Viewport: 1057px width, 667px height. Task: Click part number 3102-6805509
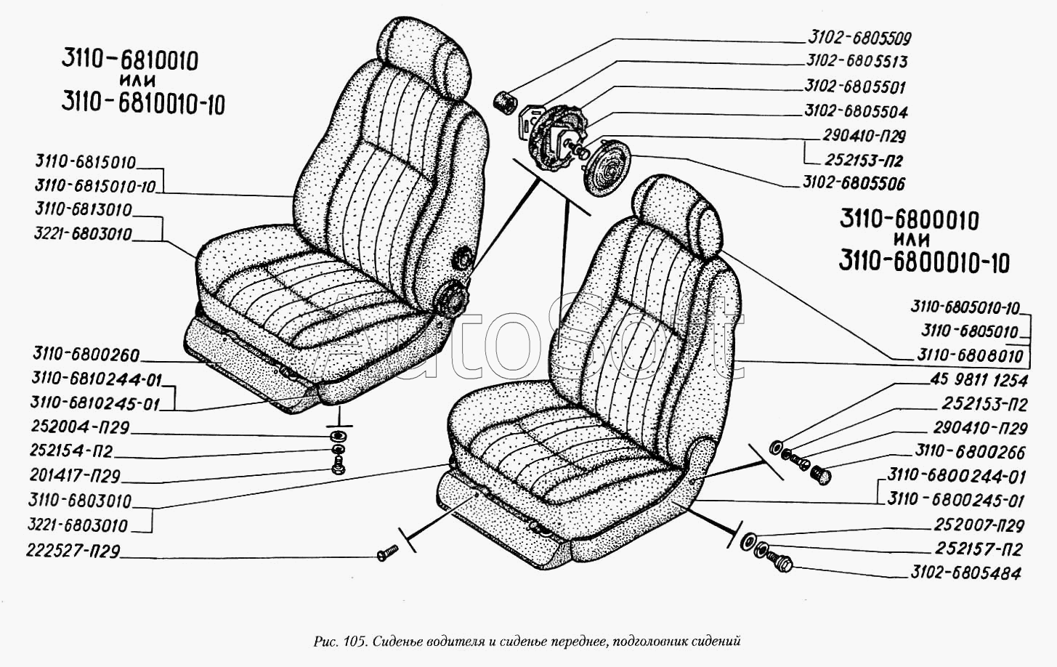(859, 38)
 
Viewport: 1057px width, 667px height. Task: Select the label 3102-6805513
(856, 61)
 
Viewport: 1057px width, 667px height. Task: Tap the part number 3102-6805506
(854, 183)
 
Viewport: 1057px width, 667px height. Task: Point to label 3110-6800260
(86, 355)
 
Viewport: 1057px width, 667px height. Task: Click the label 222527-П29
(73, 551)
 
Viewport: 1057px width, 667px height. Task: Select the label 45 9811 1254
(979, 380)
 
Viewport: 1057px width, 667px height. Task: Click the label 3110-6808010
(970, 355)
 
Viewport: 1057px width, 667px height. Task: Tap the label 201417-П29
(75, 475)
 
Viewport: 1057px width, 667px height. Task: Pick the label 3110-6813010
(84, 209)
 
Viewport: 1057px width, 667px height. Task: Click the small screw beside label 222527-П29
(388, 553)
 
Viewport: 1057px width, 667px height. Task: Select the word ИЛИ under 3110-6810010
(137, 80)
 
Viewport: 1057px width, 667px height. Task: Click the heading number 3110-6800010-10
(924, 262)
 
